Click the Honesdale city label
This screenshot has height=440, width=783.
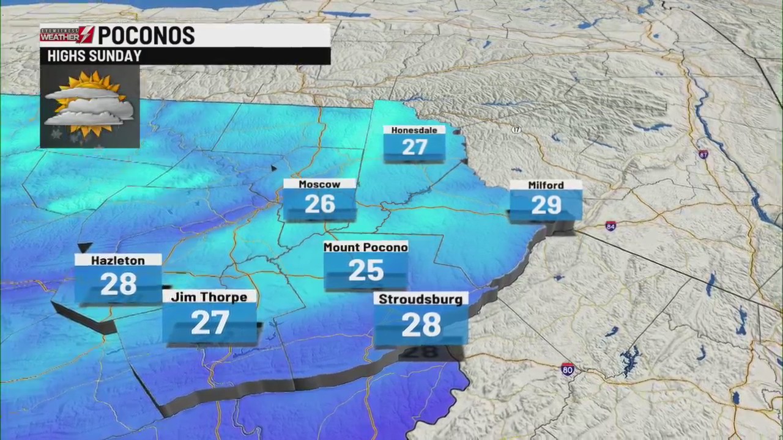coord(414,130)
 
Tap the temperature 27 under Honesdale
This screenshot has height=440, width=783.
coord(414,147)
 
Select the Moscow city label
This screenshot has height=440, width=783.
coord(319,184)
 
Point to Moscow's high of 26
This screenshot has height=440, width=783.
coord(319,204)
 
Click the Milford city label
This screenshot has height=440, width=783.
coord(546,185)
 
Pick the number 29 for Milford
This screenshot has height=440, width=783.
coord(546,205)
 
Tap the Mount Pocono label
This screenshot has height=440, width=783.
coord(365,247)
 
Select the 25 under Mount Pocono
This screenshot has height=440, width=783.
coord(366,270)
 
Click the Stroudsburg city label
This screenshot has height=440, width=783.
coord(421,299)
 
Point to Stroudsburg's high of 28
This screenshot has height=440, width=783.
coord(421,324)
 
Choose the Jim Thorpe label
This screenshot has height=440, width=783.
coord(209,297)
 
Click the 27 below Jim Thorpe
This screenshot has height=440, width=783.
coord(210,323)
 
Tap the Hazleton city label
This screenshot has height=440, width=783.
coord(118,260)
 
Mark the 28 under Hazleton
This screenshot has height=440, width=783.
coord(119,284)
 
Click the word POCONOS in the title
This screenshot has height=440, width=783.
coord(146,35)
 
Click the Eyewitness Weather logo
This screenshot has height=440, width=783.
coord(67,35)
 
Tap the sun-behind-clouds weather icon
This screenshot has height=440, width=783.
coord(89,106)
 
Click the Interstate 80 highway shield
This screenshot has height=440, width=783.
coord(568,369)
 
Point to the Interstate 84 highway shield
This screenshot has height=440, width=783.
coord(610,226)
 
